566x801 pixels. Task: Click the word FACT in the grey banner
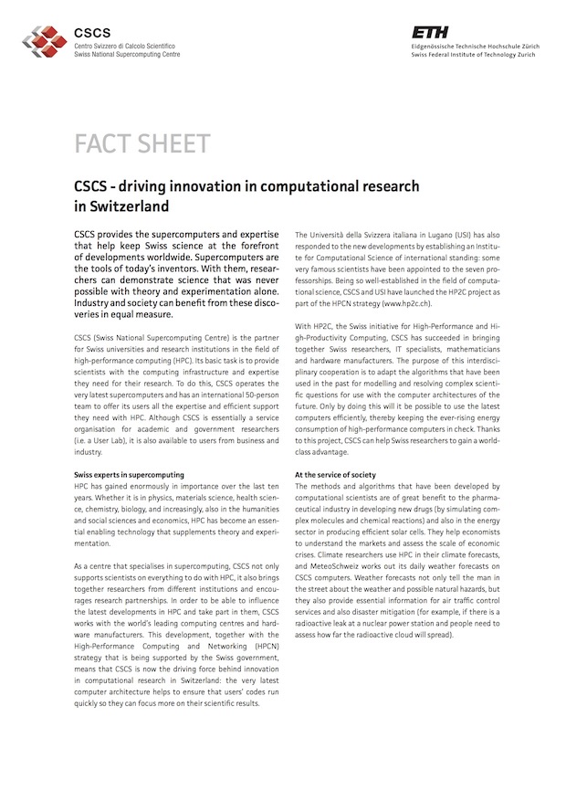[x=104, y=144]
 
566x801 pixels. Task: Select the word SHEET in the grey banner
[x=175, y=144]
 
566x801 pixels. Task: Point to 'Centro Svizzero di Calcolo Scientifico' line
[x=124, y=46]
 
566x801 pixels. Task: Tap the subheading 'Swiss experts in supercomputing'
[x=129, y=475]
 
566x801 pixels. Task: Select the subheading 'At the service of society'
[x=335, y=475]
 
